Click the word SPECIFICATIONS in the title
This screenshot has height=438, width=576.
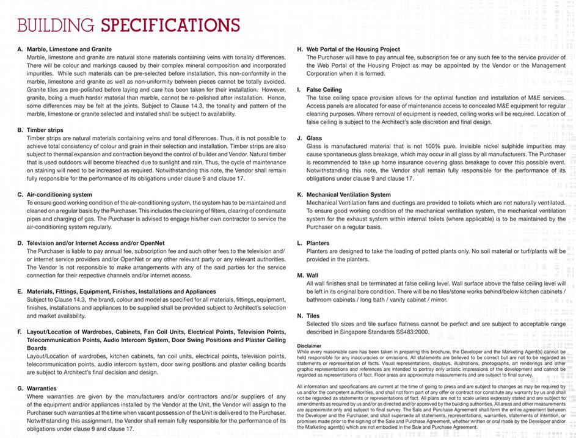170,25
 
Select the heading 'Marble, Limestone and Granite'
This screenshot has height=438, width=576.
69,49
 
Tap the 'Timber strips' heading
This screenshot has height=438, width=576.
45,130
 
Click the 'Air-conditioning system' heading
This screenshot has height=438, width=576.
59,195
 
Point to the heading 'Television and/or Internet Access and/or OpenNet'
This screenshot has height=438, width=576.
95,243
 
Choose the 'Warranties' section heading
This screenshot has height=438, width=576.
42,388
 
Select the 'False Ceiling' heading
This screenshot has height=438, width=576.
324,89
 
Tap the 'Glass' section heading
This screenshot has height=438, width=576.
314,138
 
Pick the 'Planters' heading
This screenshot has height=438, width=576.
318,243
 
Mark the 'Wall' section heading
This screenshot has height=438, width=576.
312,276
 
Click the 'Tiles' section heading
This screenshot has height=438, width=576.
313,316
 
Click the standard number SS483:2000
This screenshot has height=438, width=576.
412,332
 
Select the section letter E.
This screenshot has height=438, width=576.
20,291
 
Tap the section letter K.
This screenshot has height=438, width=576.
300,194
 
